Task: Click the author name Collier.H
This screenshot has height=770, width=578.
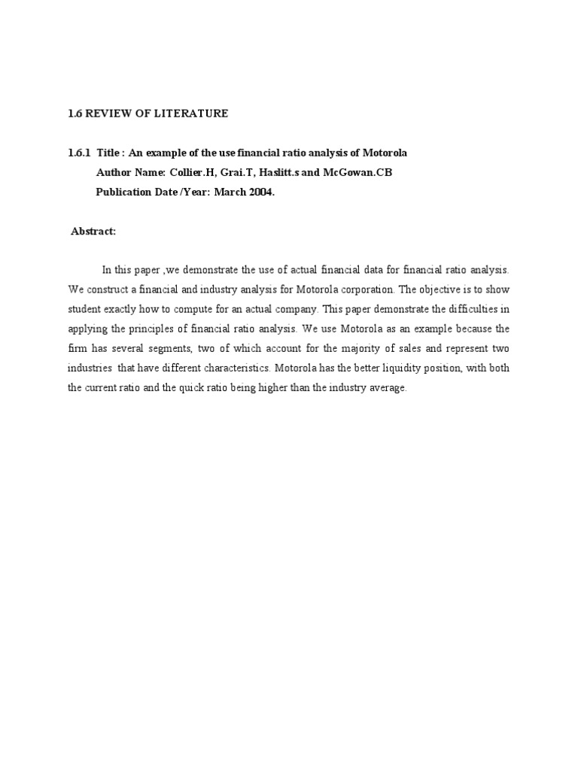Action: [x=185, y=172]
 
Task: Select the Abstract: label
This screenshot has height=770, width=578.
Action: [x=93, y=232]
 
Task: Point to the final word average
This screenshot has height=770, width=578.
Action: [x=388, y=389]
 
